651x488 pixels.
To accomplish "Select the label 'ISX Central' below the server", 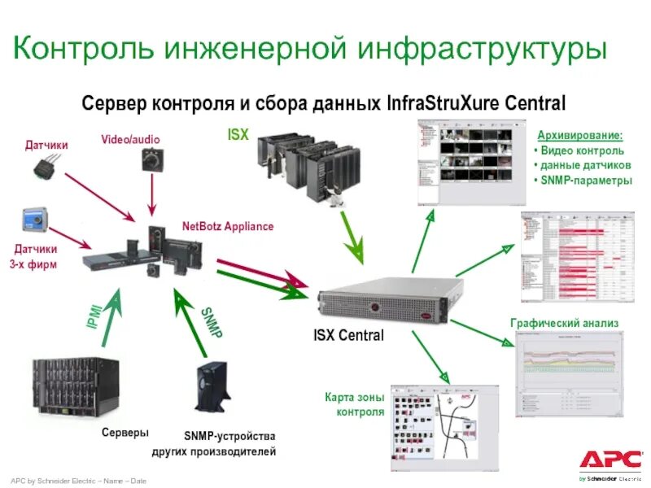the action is (x=348, y=335).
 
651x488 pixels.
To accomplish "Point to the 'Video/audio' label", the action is (x=130, y=140).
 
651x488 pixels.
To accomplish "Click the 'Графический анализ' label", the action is (x=565, y=323).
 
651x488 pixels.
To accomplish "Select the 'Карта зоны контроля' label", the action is (x=354, y=404).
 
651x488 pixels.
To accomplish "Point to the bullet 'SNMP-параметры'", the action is (x=584, y=181).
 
